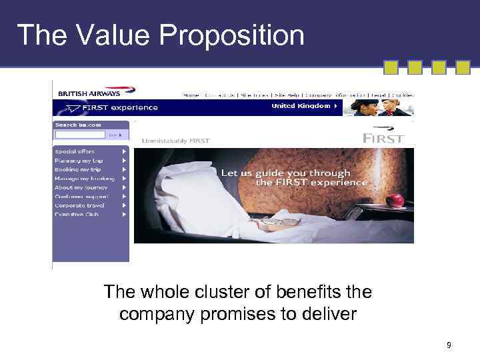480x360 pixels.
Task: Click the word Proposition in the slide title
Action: pos(238,35)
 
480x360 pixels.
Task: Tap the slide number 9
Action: pos(449,345)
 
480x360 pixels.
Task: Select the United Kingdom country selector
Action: pos(304,106)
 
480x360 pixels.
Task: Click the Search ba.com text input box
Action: pos(79,134)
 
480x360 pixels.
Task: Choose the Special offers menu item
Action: pos(75,151)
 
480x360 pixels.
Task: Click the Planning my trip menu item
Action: pos(79,161)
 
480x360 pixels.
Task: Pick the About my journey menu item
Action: pos(80,187)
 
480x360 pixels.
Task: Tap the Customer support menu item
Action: pos(81,197)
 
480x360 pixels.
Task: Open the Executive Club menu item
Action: pos(77,215)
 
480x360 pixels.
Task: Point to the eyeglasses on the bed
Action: pos(283,221)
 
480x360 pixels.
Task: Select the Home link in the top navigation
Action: pos(191,95)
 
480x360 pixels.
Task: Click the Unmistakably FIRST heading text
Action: pos(175,141)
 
